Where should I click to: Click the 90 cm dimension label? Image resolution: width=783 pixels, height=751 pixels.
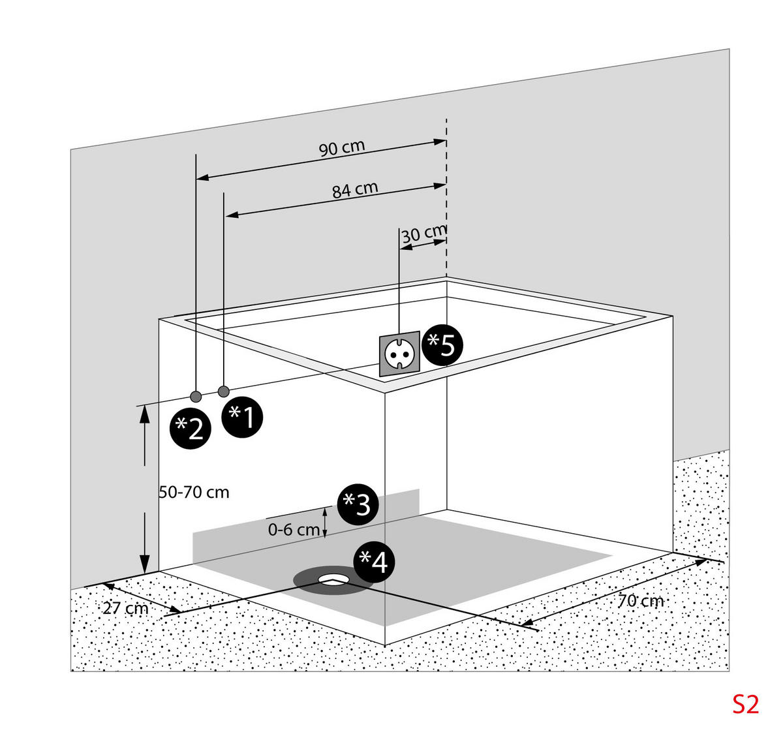[342, 147]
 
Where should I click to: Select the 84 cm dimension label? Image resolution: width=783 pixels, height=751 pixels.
[355, 190]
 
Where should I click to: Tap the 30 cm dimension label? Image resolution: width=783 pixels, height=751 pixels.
[424, 233]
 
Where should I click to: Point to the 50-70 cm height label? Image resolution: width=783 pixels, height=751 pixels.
[194, 493]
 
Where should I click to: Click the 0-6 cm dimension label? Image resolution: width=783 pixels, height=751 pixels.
[294, 530]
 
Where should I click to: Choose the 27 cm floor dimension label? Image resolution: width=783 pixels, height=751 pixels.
[125, 608]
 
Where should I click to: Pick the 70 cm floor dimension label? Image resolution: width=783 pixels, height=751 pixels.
[641, 601]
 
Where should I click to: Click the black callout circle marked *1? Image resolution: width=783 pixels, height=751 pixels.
[242, 417]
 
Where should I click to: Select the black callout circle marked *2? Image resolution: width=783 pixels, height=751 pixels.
[191, 429]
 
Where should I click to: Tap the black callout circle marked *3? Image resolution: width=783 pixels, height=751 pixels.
[358, 504]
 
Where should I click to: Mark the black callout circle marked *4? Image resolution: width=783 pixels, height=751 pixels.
[374, 562]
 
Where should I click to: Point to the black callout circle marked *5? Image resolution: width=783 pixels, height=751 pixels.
[442, 345]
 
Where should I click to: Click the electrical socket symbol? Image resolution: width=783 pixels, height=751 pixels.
[399, 354]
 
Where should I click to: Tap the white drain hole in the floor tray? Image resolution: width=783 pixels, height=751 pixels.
[333, 579]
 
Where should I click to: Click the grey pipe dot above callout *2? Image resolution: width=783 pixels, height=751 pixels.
[196, 396]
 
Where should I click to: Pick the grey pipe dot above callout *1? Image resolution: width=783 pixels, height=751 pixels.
[224, 391]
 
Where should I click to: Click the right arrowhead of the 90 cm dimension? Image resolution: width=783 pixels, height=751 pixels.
[440, 142]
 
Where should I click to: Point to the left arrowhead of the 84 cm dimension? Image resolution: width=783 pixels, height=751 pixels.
[232, 215]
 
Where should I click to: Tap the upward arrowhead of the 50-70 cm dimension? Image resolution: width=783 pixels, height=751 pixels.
[144, 414]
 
